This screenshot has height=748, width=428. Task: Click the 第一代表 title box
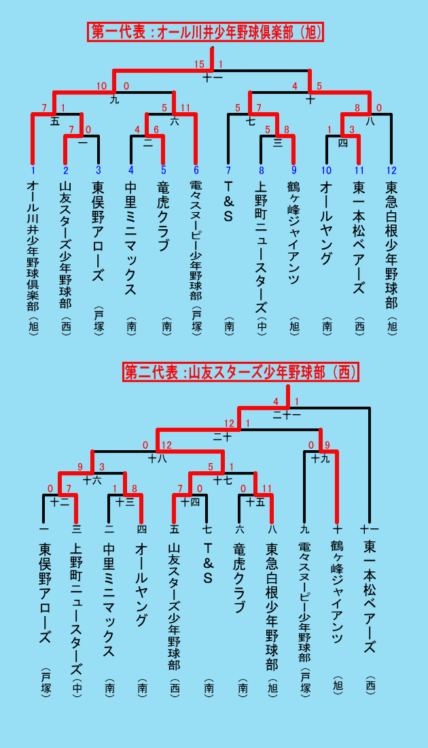coord(205,32)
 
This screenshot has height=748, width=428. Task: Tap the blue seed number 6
coord(195,170)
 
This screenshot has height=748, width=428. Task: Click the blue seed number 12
coord(391,170)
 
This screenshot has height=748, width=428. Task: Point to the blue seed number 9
coord(293,170)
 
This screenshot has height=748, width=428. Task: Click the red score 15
coord(199,64)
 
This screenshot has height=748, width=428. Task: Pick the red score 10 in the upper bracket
coord(101,86)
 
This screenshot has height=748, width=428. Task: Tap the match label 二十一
coord(287,415)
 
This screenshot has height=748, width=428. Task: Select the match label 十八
coord(157,459)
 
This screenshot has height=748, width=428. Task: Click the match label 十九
coord(320,459)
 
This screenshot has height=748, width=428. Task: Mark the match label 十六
coord(92,480)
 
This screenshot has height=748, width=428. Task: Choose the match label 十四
coord(190,502)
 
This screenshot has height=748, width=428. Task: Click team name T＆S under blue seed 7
coord(228,201)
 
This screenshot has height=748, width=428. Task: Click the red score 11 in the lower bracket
coord(266,488)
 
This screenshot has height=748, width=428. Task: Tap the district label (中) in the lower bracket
coord(76,687)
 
